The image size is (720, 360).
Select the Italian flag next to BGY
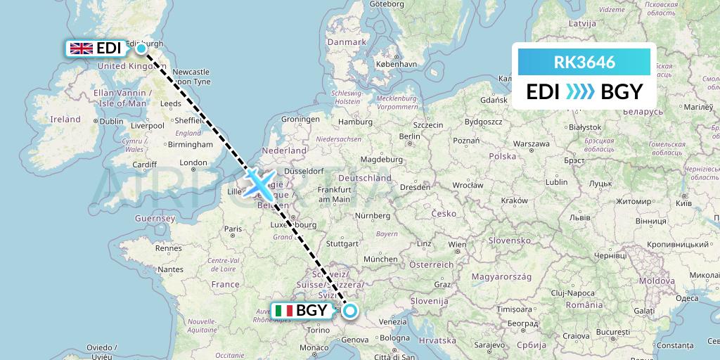coord(284,310)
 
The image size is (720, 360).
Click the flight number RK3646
coord(584,63)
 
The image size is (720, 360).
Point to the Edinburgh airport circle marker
coord(141,49)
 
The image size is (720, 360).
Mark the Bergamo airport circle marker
coord(349,310)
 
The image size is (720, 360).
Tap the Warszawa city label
coord(531,144)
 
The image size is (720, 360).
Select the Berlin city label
coord(409,136)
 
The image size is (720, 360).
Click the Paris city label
coord(233,229)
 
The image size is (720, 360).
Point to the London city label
coord(193,162)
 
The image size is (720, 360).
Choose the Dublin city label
coord(111,121)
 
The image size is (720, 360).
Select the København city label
coord(396,64)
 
